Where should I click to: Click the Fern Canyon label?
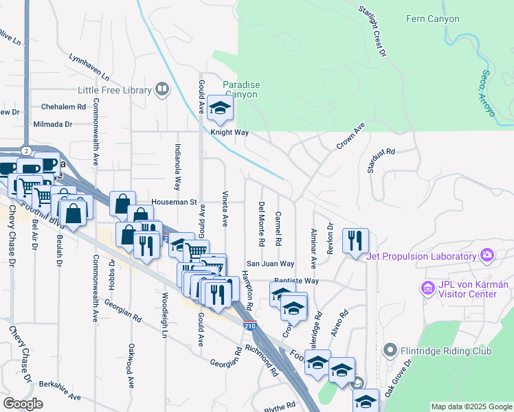click(432, 19)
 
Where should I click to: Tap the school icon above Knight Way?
click(220, 108)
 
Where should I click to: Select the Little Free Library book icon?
click(162, 89)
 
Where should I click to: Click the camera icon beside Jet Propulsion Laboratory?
click(487, 256)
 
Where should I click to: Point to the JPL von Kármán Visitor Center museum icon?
click(427, 289)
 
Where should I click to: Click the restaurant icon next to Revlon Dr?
click(355, 241)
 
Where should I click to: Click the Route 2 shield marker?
click(25, 150)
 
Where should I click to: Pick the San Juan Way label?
click(271, 264)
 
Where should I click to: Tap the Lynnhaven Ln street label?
click(89, 65)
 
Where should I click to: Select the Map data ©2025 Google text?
click(471, 407)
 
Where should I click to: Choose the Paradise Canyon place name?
click(241, 89)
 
